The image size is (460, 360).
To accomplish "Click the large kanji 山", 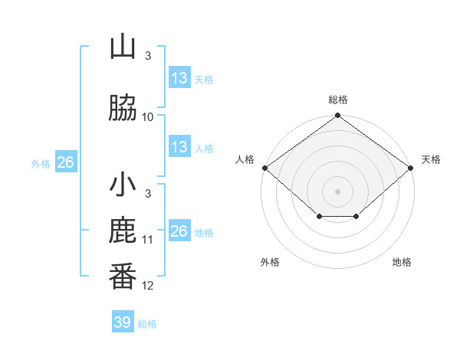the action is point(123,46).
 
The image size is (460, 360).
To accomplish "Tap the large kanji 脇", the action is point(123,107).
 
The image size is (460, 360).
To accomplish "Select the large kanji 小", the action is point(123,184).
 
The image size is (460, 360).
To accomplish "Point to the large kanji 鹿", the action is point(123,230).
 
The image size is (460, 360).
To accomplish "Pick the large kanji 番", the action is point(123,277).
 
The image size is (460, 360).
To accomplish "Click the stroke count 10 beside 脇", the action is point(147,117).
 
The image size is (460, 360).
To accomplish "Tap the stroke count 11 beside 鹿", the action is point(147,240).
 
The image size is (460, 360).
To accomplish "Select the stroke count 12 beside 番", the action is point(147,286).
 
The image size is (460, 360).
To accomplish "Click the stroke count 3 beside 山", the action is point(148,56).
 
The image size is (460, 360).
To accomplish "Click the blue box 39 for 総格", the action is point(123,321).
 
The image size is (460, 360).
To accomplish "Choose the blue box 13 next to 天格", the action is point(179,77).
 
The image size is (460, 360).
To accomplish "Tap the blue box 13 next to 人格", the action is point(179,146).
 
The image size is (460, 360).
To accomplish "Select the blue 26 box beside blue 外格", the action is point(66,162).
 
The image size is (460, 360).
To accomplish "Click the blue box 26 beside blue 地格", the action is point(179,230).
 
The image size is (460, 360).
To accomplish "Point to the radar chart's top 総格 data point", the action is point(337,115).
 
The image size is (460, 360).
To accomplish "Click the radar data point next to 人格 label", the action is point(265,168).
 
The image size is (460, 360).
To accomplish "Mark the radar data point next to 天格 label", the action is point(411,168).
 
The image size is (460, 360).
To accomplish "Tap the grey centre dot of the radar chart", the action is point(337,191).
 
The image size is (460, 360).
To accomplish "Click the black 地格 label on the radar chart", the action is point(402,262).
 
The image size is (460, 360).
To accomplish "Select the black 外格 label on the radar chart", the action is point(270,262).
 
